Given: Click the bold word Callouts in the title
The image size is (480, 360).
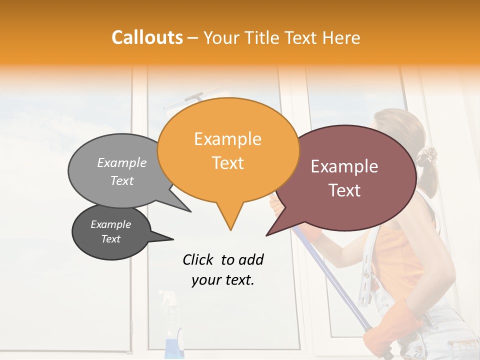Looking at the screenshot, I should [147, 37].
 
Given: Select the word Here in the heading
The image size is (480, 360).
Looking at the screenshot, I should [341, 37].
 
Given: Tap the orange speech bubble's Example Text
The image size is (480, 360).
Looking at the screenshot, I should [228, 150].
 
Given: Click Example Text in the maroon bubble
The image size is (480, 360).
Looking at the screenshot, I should [344, 178].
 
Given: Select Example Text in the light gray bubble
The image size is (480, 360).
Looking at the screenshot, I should [122, 171].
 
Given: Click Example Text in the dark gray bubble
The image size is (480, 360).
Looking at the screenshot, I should [111, 231].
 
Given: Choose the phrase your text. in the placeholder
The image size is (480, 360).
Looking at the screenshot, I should [223, 280].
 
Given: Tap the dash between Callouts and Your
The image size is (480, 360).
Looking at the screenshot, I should [193, 38].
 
